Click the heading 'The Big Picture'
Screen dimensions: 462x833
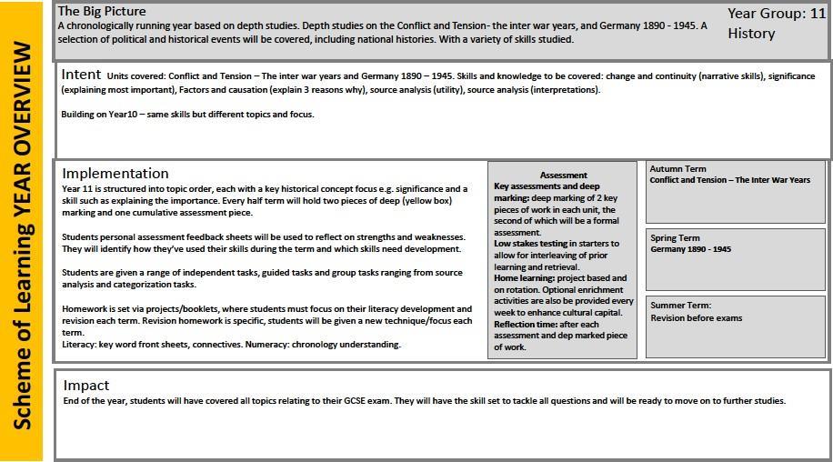click(101, 12)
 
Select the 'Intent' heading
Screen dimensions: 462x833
click(81, 74)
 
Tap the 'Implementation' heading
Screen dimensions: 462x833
click(115, 173)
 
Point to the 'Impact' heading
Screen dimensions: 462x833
click(86, 385)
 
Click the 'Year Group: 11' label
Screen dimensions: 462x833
click(777, 14)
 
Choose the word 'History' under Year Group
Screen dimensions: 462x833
click(751, 34)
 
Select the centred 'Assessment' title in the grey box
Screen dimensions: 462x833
click(564, 176)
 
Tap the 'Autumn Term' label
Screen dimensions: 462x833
click(677, 169)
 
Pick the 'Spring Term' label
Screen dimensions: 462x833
click(675, 238)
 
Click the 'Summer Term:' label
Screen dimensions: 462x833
click(681, 306)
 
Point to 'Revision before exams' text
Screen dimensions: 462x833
click(697, 318)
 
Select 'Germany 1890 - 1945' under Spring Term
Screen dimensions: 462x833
click(691, 249)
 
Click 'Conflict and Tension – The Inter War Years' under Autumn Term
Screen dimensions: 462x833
click(729, 180)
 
